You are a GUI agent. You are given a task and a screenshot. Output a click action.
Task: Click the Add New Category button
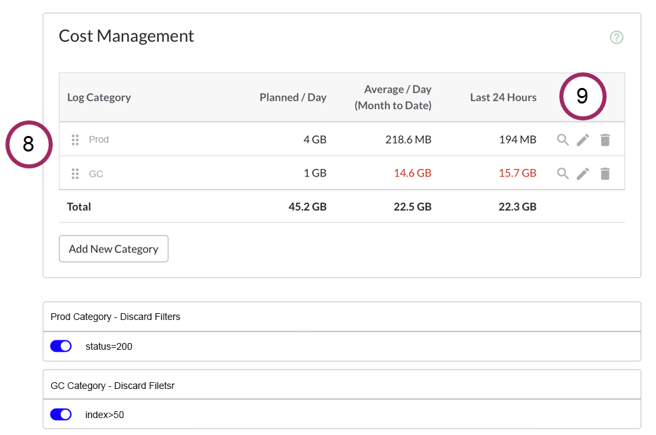point(114,249)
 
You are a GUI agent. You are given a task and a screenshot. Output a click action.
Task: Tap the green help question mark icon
point(616,37)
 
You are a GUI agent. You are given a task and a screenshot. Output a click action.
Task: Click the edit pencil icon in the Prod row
point(583,140)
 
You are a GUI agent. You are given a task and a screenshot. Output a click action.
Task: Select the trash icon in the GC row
point(605,174)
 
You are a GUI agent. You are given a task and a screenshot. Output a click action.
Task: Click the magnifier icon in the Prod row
point(563,140)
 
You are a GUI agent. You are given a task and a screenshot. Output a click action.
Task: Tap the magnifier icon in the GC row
point(563,174)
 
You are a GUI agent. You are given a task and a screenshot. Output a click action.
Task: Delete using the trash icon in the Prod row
point(605,140)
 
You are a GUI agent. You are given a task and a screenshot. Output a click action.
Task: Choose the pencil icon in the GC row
point(583,174)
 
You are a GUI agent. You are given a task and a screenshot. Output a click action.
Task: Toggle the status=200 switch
point(61,346)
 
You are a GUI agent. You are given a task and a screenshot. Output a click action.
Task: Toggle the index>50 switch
point(61,415)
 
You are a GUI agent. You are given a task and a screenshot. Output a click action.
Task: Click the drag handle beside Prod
point(75,140)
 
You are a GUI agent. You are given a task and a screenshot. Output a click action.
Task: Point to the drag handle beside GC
point(75,174)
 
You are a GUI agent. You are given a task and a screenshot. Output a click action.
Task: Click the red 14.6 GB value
point(413,173)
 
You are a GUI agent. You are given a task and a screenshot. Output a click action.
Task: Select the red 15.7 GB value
point(517,173)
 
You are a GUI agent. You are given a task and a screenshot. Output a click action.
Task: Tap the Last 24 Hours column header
point(503,97)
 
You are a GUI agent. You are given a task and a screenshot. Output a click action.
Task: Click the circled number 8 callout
point(28,144)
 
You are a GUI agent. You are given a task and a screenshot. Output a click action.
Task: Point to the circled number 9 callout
point(582,97)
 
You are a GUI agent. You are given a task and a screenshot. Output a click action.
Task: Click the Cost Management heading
point(126,36)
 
